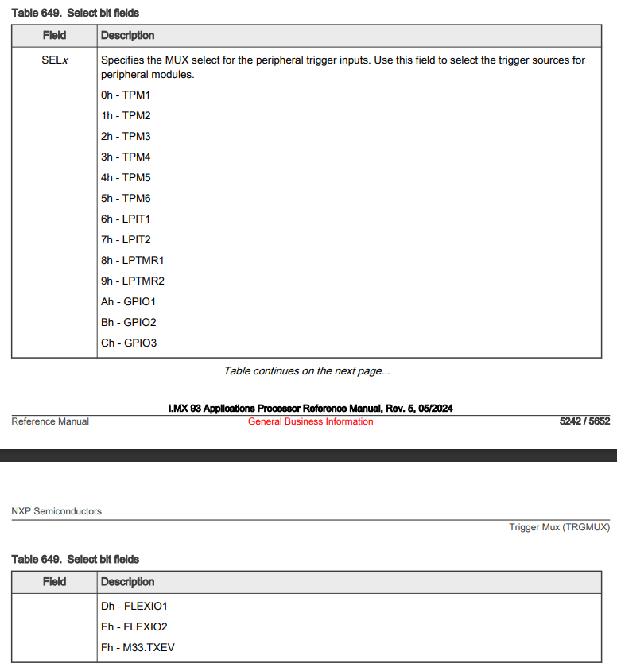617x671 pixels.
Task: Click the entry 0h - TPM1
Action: (126, 95)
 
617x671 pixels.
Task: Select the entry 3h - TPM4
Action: (126, 157)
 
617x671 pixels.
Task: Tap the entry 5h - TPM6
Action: (126, 199)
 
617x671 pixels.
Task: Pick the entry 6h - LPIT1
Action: (126, 219)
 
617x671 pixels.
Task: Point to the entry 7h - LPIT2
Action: (126, 240)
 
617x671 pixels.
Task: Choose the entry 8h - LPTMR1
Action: (132, 261)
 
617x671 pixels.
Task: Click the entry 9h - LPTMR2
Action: (133, 281)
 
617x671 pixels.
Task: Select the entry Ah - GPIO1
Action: (129, 302)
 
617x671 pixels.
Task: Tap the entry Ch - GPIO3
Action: (129, 343)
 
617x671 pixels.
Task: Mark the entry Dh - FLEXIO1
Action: (134, 607)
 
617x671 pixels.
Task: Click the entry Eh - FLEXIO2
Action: (134, 627)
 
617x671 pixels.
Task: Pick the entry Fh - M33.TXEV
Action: (138, 648)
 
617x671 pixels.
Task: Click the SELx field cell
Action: (54, 60)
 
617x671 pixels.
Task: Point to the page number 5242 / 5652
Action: (584, 421)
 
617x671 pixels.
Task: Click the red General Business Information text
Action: (310, 421)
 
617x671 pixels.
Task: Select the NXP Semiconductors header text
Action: (56, 511)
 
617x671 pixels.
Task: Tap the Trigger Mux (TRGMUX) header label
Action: (559, 527)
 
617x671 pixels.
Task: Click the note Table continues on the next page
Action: (307, 371)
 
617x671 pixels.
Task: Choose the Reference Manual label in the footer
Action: (50, 421)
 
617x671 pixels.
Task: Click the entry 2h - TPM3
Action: (126, 137)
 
